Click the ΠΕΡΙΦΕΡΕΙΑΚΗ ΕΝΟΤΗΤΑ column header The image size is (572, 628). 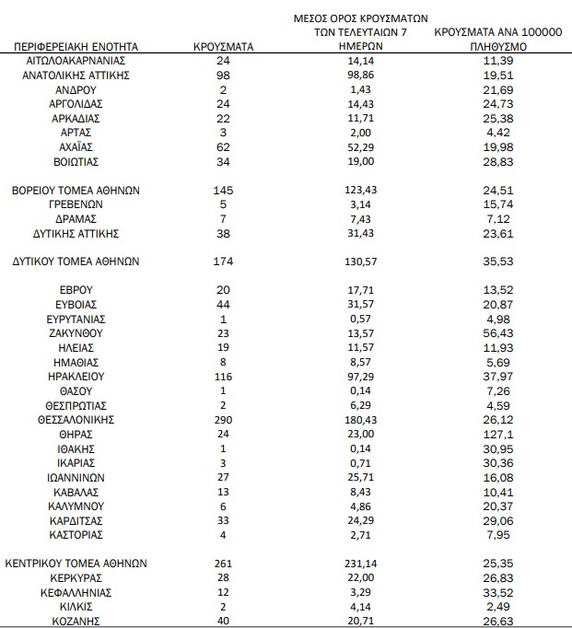76,45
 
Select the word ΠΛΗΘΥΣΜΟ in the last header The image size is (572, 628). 497,44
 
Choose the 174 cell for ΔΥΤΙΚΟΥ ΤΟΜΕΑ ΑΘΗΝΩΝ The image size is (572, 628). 224,262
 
